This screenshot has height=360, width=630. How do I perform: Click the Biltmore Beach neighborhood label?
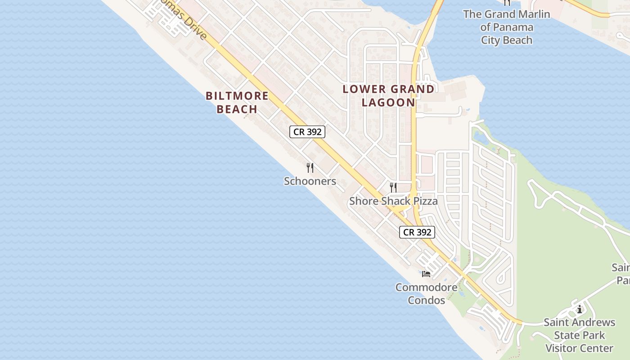pos(237,102)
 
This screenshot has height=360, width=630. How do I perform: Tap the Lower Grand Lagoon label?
pos(388,95)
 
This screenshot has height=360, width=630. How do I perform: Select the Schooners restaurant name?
pos(310,181)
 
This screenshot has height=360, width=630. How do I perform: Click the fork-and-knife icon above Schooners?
pos(310,168)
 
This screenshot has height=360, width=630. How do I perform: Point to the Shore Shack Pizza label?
pos(393,201)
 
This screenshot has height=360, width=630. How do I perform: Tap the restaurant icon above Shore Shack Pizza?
pos(393,187)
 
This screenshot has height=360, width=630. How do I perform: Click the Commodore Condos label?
pos(426,293)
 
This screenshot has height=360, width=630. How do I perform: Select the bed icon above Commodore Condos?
pos(426,273)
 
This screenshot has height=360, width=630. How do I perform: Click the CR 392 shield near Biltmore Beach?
pos(307,132)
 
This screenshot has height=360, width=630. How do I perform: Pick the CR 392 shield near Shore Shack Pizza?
pos(417,232)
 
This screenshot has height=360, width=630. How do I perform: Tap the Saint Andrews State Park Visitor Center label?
pos(579,335)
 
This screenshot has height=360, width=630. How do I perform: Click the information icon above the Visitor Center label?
pos(580,309)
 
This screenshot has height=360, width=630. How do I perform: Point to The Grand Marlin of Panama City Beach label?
pos(507,27)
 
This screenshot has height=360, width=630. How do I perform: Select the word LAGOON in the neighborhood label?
pos(388,102)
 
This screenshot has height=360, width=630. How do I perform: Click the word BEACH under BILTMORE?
pos(237,109)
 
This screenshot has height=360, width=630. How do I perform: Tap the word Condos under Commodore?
pos(426,300)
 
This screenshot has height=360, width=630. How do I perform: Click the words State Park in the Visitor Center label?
pos(579,335)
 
